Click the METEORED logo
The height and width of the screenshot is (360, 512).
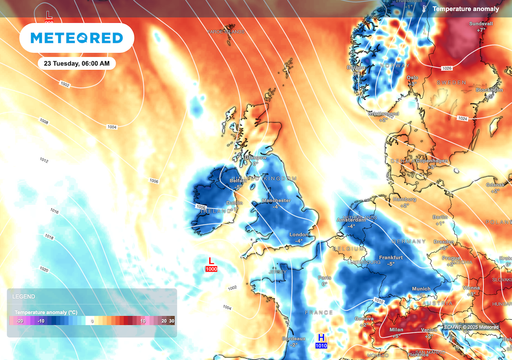coord(77,38)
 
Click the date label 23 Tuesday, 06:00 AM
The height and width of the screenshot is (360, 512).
coord(77,63)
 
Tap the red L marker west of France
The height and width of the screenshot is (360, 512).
coord(211,263)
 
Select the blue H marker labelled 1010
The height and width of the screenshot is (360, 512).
coord(322,341)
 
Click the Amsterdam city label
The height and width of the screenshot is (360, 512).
coord(351,219)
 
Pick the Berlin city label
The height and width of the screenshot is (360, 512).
coord(439,216)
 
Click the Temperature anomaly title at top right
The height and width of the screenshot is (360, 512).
coord(471,9)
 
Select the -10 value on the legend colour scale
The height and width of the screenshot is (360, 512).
coord(41,321)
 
